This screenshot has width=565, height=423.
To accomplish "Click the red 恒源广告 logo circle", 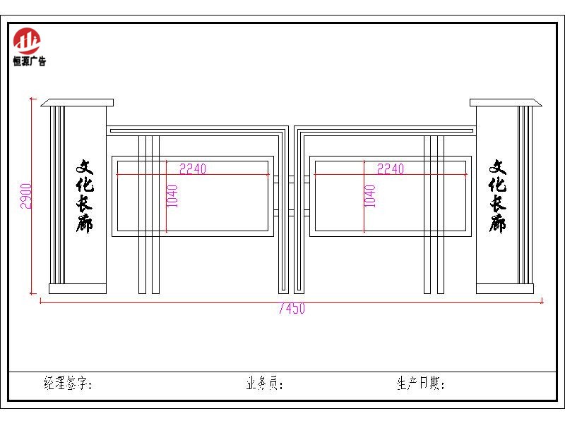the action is point(27,41).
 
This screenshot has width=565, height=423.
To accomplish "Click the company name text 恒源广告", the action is point(30,61).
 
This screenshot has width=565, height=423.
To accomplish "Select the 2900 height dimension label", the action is point(26,196).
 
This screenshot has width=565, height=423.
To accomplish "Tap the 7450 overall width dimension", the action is point(292,309).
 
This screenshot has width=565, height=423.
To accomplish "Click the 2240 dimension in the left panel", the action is point(193,168).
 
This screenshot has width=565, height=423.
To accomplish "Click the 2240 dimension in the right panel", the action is point(391,168).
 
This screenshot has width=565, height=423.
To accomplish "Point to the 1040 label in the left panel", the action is point(172,196).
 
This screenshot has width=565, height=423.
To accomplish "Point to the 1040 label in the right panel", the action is point(370,196).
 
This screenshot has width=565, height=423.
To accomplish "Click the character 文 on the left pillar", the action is point(84,167).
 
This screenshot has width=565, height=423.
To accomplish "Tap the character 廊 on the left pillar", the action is point(84,223).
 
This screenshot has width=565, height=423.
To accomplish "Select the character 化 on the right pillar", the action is point(498,184).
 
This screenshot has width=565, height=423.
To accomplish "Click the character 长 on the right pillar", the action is point(498,203).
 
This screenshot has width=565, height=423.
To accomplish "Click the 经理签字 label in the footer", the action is point(68,383).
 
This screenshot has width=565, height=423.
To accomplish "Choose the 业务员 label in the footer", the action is point(265,383).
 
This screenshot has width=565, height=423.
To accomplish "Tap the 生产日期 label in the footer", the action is point(421,383).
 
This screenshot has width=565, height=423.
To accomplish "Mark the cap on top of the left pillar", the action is point(77,102).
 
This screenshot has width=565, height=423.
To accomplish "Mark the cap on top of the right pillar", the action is point(506,102).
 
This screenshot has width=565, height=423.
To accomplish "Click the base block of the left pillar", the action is point(78,288).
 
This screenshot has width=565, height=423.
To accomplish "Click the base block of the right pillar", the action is point(505,288).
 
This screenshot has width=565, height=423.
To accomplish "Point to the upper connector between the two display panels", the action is point(291,179).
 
